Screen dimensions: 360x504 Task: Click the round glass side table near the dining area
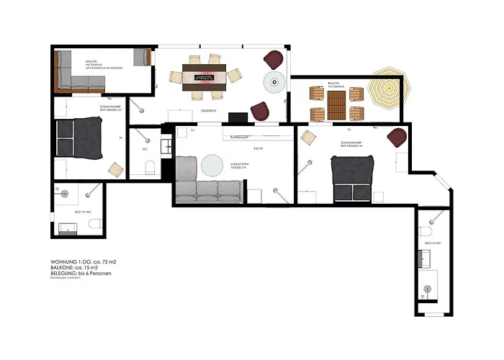pyautogui.click(x=274, y=82)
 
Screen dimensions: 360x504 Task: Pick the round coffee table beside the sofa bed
pyautogui.click(x=213, y=166)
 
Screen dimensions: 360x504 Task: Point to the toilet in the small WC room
pyautogui.click(x=150, y=168)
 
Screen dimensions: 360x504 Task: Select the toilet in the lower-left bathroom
pyautogui.click(x=93, y=225)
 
